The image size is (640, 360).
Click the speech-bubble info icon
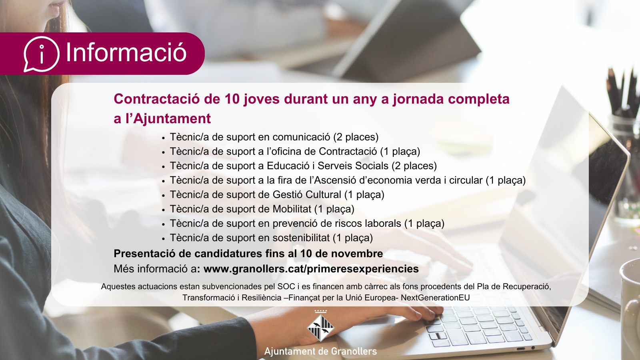point(42,54)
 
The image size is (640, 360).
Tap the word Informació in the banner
point(126,52)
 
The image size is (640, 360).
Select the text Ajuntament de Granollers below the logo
point(320,351)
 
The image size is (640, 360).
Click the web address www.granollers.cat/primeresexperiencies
point(311,269)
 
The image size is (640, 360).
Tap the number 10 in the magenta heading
point(232,99)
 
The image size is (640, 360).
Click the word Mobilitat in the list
point(292,209)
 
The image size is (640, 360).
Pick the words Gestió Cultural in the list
point(307,194)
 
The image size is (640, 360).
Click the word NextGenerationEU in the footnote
point(436,298)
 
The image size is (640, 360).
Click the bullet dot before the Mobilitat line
point(164,210)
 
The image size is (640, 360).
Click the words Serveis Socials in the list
point(353,166)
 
